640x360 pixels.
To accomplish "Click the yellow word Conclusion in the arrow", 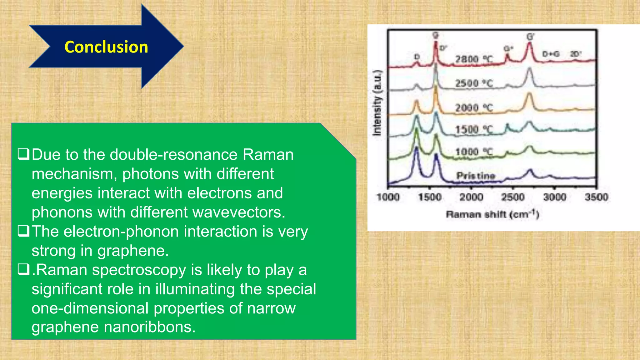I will point(106,47).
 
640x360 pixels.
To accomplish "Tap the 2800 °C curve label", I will point(474,59).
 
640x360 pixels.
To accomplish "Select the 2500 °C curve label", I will point(474,83).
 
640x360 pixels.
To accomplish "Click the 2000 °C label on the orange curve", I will point(474,108).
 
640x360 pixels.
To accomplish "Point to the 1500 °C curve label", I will point(474,129).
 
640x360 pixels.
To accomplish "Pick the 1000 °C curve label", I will point(474,152).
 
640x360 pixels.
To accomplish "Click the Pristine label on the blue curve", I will point(476,176).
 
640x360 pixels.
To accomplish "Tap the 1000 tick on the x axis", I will point(388,197).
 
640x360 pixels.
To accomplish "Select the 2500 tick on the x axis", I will point(513,197).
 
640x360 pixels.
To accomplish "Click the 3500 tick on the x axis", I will point(596,197).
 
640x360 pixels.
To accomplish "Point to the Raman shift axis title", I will point(492,214).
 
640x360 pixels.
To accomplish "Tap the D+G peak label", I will point(551,54).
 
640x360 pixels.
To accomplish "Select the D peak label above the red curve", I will point(417,57).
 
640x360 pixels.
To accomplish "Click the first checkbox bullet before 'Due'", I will point(23,154).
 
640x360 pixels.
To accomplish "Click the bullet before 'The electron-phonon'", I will point(23,231).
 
